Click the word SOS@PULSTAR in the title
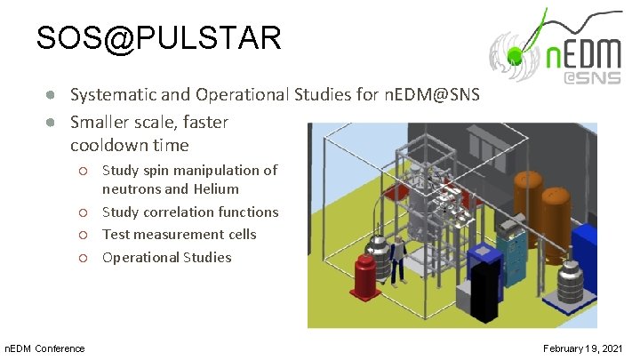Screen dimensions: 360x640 click(x=159, y=38)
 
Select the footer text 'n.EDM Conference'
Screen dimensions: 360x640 click(x=44, y=348)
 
